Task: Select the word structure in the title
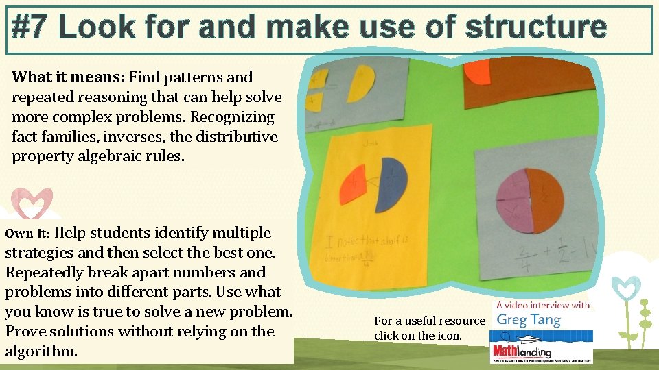coord(535,27)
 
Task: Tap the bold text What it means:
coord(69,77)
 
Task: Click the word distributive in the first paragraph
coord(237,136)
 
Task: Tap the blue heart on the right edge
coord(625,287)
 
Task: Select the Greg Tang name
coord(528,319)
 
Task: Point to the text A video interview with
coord(542,305)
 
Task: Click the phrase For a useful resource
coord(429,321)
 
